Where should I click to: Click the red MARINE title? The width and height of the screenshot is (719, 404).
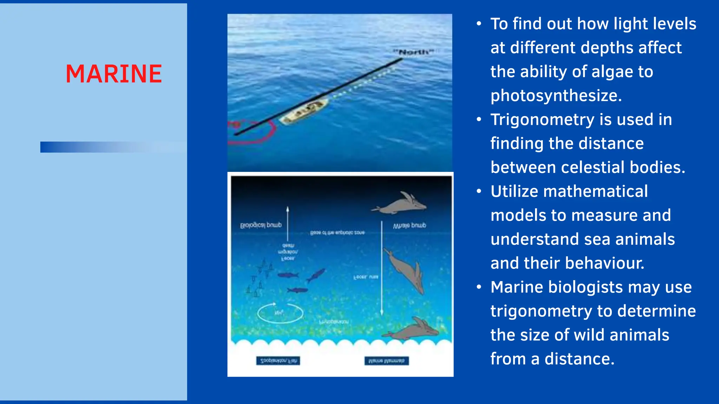(114, 74)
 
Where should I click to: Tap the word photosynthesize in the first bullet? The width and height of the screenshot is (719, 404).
(556, 95)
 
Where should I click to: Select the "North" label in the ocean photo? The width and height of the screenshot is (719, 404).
(414, 52)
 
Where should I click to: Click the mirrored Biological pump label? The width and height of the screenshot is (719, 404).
(261, 225)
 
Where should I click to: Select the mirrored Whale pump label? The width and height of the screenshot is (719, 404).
(409, 225)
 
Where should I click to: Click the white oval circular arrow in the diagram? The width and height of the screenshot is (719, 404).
(280, 313)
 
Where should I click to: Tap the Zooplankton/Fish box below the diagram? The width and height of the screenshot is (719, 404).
(278, 361)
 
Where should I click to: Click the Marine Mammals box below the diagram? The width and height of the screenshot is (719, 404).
(387, 361)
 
